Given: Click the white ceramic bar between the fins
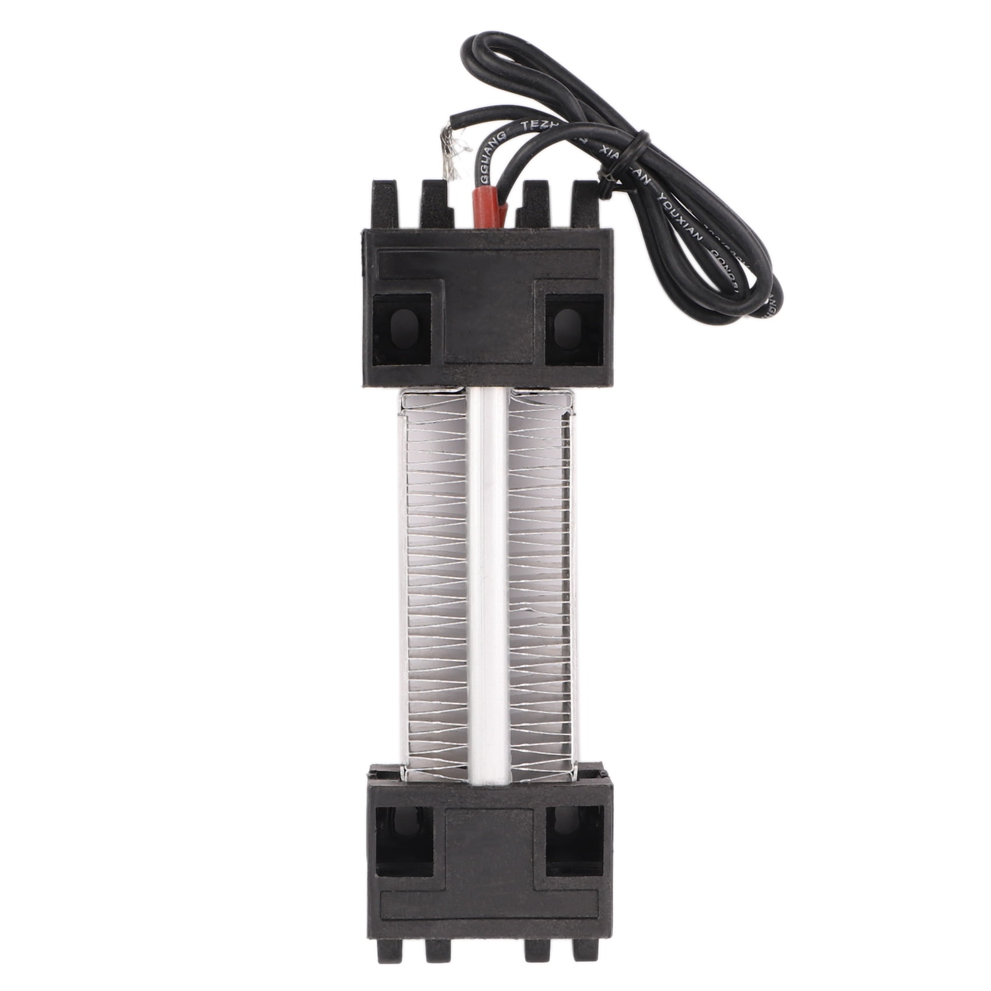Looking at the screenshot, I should (489, 583).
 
